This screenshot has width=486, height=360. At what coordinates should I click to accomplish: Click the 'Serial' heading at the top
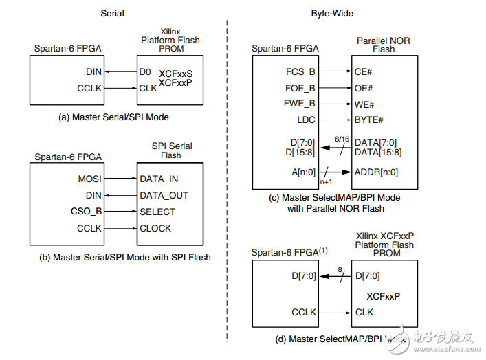click(x=112, y=14)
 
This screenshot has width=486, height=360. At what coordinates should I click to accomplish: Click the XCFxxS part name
click(x=176, y=73)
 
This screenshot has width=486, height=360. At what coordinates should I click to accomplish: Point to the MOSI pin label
click(x=89, y=179)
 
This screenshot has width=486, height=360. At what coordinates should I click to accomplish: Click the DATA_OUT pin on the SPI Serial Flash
click(x=164, y=195)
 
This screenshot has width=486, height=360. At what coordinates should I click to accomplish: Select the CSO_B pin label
click(x=86, y=212)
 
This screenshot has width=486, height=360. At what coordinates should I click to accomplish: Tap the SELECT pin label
click(x=157, y=212)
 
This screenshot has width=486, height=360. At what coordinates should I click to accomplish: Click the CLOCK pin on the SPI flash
click(x=155, y=228)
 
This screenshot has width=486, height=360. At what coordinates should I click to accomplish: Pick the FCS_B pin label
click(x=300, y=71)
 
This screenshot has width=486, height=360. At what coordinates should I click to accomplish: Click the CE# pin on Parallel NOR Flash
click(x=364, y=71)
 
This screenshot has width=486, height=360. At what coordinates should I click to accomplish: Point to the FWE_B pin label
click(x=300, y=104)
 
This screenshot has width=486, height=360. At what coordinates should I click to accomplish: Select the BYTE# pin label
click(x=368, y=120)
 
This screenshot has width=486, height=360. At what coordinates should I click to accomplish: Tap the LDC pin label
click(x=305, y=120)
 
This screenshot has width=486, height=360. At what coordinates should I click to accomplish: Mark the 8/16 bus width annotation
click(x=342, y=138)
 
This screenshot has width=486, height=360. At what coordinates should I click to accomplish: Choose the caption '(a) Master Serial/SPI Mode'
click(x=113, y=117)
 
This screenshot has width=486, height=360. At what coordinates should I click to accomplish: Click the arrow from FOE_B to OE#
click(x=335, y=87)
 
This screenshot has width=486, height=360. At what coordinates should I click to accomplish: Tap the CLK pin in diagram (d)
click(x=364, y=312)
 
